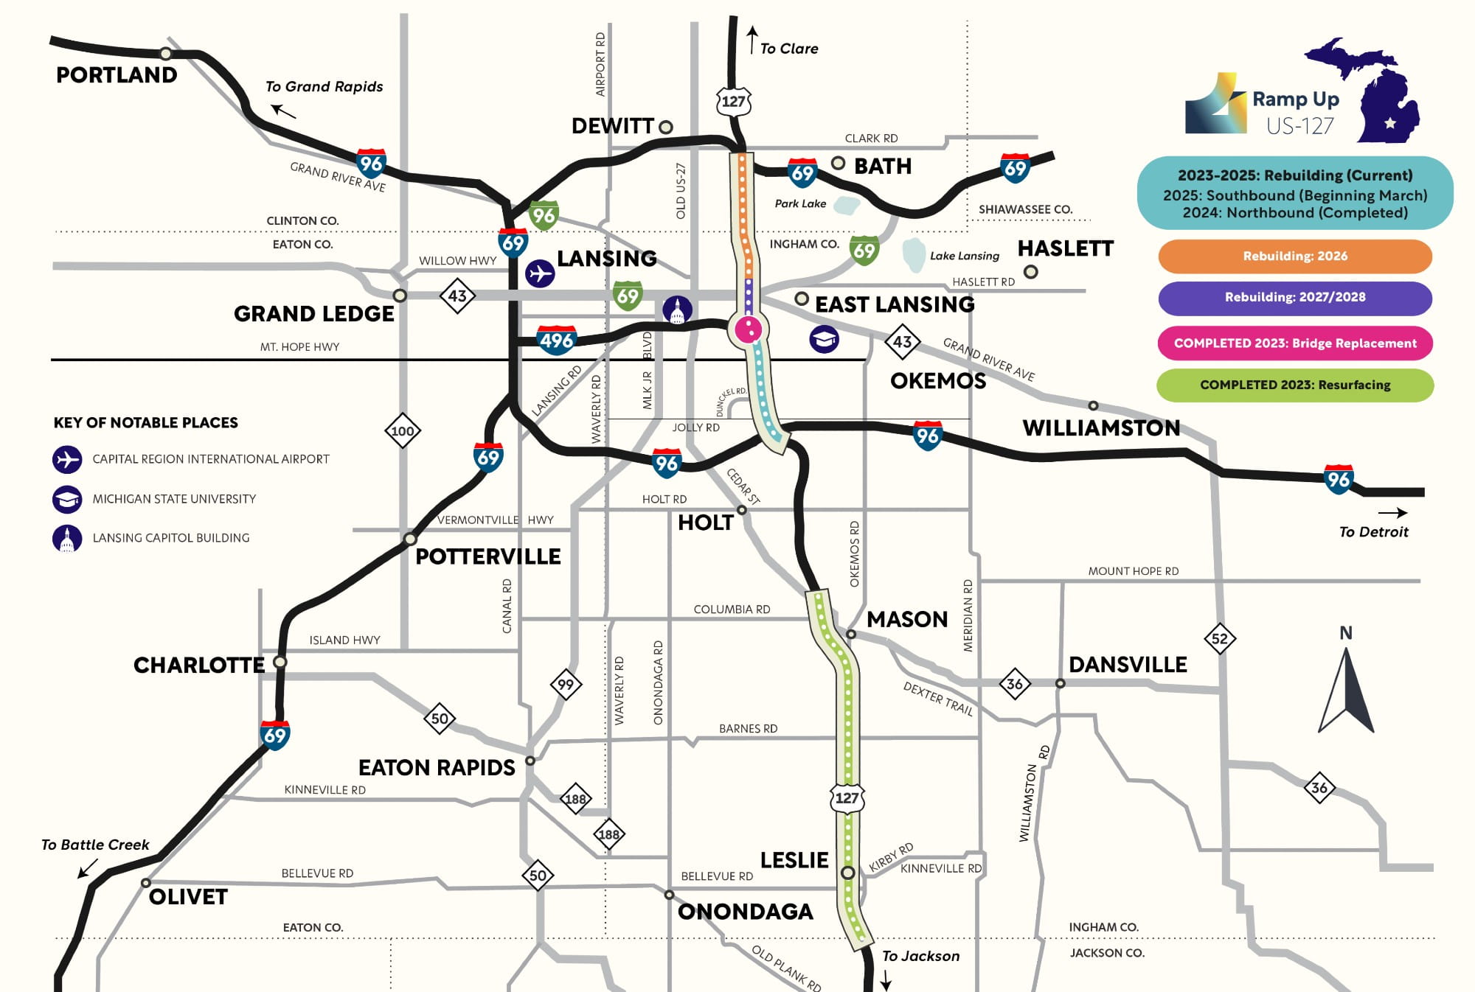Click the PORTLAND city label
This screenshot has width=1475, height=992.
coord(117,75)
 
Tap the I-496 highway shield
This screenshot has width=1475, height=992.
coord(556,340)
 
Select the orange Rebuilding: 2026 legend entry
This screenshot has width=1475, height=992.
coord(1294,256)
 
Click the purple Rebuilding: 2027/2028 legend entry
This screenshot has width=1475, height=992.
coord(1294,298)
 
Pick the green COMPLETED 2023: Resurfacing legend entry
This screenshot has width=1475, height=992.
coord(1294,385)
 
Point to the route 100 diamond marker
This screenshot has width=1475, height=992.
coord(403,431)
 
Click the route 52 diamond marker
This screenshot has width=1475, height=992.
coord(1219,638)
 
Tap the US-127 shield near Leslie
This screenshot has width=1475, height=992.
coord(847,798)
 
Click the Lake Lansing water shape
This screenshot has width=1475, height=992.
coord(914,255)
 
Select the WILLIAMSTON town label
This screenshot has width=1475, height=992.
coord(1100,428)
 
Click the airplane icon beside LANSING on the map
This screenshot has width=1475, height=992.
coord(540,273)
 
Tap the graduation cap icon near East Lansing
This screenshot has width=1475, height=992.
coord(824,339)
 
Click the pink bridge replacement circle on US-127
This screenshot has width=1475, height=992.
coord(749,329)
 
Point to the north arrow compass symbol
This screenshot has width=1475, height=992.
coord(1346,689)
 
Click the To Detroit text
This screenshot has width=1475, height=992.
coord(1373,532)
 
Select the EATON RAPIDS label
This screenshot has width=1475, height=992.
coord(437,768)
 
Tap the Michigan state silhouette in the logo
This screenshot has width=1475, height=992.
coord(1372,92)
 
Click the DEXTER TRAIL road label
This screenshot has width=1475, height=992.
coord(937,699)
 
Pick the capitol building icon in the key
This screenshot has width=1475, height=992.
coord(67,539)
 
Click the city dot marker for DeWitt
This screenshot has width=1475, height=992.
coord(666,127)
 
